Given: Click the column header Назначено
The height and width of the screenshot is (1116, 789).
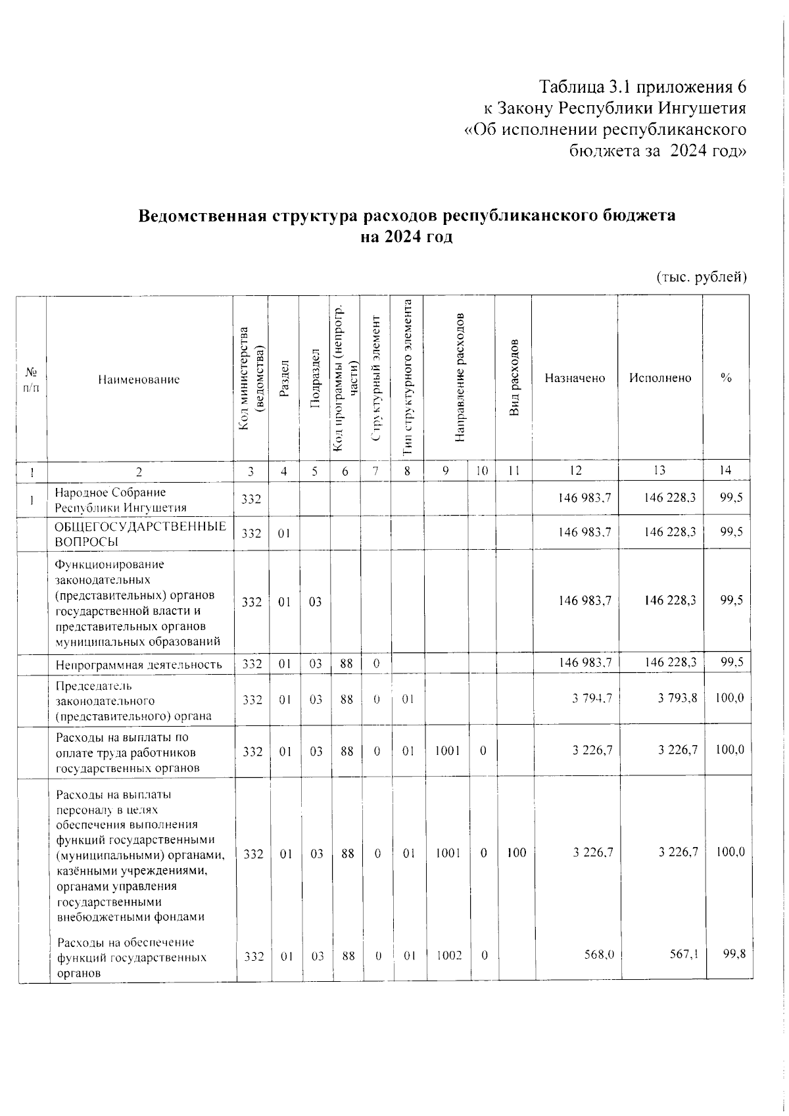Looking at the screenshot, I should pos(574,378).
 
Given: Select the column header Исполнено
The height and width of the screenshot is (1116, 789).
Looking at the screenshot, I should pos(659,378).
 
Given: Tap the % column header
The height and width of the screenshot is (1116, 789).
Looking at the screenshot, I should pos(726,378).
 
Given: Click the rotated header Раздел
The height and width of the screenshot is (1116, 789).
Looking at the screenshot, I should pos(283,377).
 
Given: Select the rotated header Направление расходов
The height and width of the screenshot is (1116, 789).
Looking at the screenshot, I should pos(460,377).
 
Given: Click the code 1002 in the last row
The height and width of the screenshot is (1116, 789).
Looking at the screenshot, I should pos(447,956).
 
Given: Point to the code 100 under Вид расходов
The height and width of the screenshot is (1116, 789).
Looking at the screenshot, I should pos(516,854).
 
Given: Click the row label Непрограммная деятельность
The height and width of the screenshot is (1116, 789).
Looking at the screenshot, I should pos(139,664).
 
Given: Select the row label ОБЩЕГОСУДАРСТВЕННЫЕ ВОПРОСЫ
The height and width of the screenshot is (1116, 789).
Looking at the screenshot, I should pos(139,534).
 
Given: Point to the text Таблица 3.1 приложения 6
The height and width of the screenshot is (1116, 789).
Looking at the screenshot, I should pos(642,87).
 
